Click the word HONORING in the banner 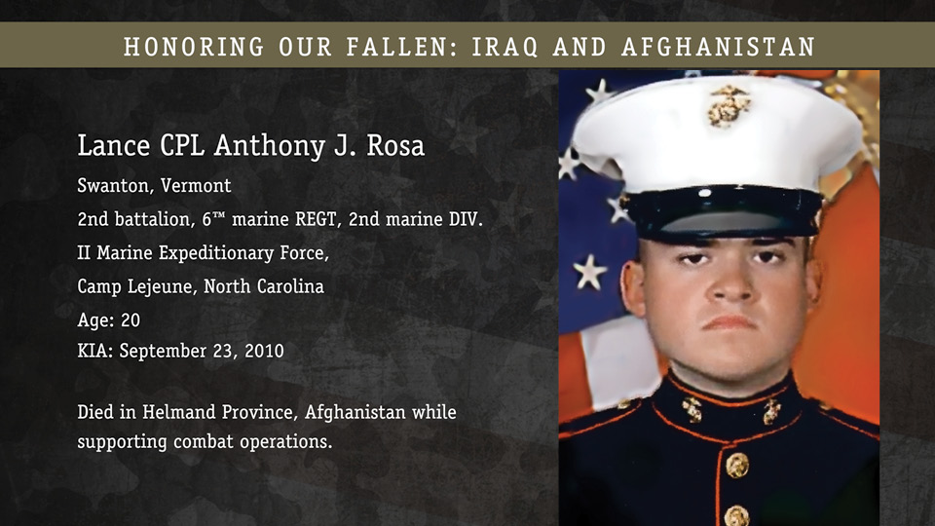pyautogui.click(x=194, y=47)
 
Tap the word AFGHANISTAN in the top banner pyautogui.click(x=718, y=47)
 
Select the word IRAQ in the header pyautogui.click(x=505, y=47)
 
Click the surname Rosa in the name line pyautogui.click(x=395, y=145)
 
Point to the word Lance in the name pyautogui.click(x=114, y=145)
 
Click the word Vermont pyautogui.click(x=196, y=185)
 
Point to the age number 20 pyautogui.click(x=131, y=320)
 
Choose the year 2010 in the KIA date pyautogui.click(x=264, y=351)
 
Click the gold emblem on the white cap pyautogui.click(x=729, y=105)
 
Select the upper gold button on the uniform pyautogui.click(x=737, y=466)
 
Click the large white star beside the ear pyautogui.click(x=590, y=272)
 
